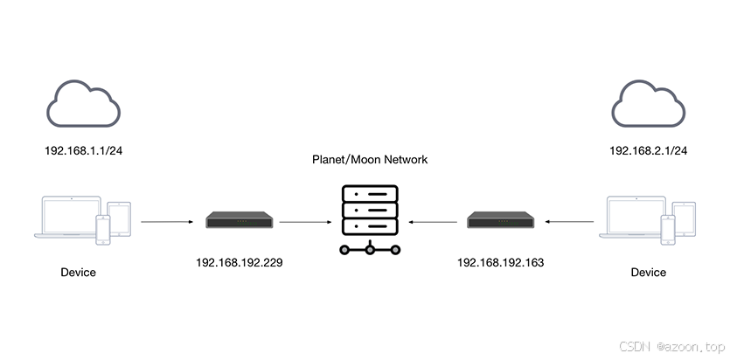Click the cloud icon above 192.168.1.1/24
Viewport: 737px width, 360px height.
(x=83, y=103)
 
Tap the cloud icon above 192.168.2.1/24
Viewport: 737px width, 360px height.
(x=648, y=103)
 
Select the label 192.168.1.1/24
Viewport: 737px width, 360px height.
(x=83, y=150)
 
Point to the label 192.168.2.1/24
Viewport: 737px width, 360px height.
(x=648, y=150)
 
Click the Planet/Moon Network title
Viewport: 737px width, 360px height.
(x=369, y=160)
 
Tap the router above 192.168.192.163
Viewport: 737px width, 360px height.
(x=501, y=220)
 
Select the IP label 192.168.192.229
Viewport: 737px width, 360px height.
(x=240, y=261)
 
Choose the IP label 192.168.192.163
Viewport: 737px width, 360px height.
(x=501, y=261)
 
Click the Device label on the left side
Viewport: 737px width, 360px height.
(x=79, y=273)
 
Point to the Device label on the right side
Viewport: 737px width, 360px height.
(x=648, y=273)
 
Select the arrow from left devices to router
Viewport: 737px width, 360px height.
(x=166, y=221)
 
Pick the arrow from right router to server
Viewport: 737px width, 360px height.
(x=435, y=221)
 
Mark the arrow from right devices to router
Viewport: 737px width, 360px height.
(x=569, y=221)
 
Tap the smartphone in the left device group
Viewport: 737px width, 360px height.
(x=103, y=229)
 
